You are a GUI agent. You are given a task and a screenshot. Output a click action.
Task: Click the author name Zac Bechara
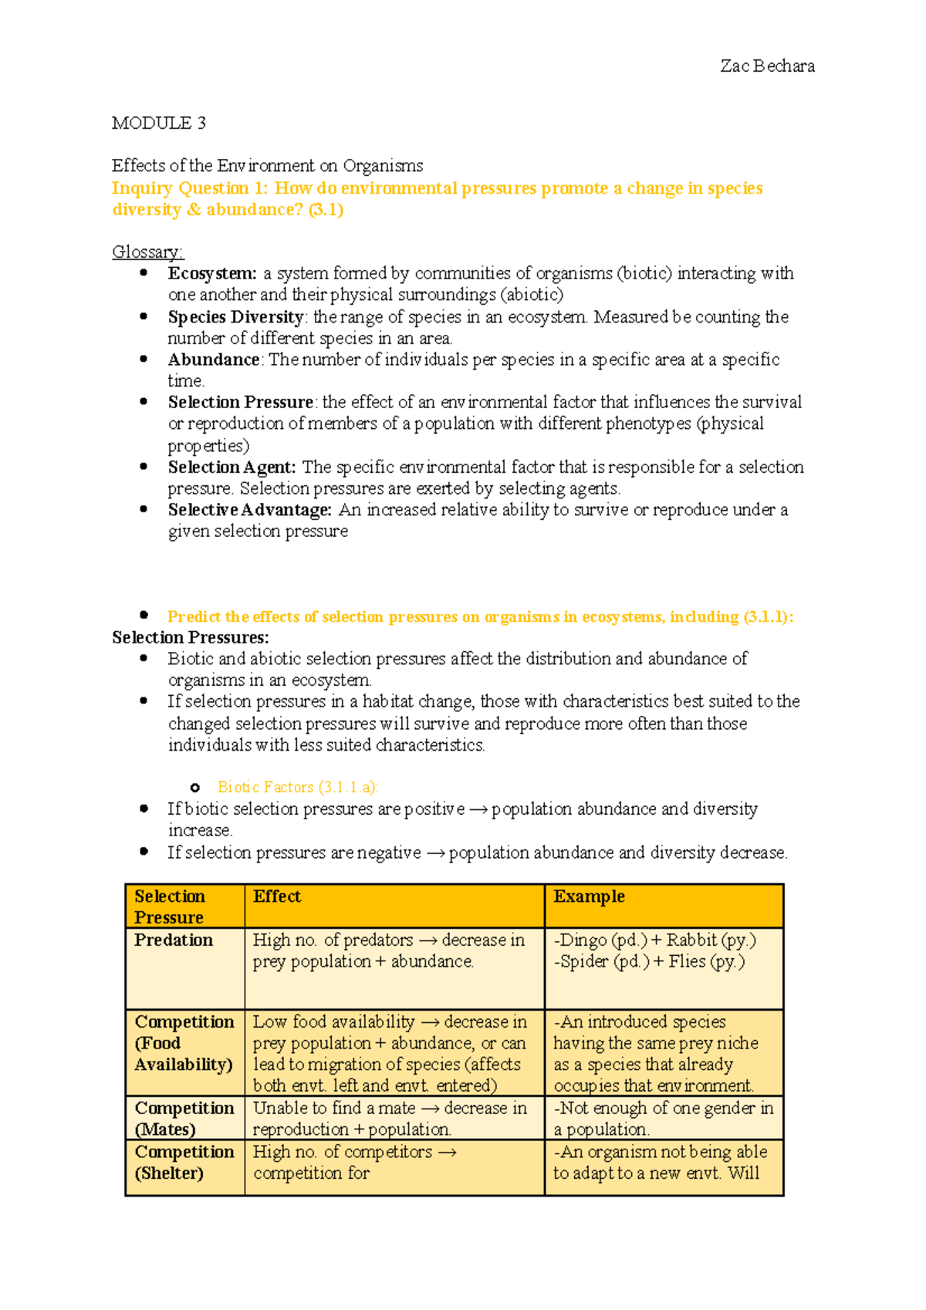pos(767,66)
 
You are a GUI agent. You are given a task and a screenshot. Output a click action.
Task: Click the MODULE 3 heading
pos(158,123)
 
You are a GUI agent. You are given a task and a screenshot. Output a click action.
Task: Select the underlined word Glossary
pos(147,252)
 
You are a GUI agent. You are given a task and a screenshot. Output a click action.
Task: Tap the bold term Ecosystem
pos(211,273)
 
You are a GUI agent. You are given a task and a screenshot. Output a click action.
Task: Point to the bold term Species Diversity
pos(235,317)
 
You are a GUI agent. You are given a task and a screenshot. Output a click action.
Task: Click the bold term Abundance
pos(214,360)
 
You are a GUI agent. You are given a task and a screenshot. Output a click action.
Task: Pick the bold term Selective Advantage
pos(249,510)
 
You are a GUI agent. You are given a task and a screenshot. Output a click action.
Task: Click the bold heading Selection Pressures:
pos(191,637)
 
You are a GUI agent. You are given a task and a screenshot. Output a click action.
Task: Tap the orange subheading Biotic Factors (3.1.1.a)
pos(298,787)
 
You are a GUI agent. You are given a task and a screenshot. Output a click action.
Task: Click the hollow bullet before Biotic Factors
pos(195,788)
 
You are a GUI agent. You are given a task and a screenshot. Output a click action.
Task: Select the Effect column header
pos(276,896)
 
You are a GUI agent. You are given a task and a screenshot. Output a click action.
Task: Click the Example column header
pos(589,896)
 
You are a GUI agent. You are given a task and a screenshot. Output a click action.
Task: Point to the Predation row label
pos(174,940)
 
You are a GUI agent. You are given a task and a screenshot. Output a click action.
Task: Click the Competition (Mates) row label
pos(184,1118)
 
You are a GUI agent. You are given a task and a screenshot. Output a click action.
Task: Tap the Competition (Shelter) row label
pos(184,1162)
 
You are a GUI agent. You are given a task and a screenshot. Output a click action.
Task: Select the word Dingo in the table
pos(583,940)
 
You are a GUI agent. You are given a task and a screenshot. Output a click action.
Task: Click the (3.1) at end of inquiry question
pos(326,210)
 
